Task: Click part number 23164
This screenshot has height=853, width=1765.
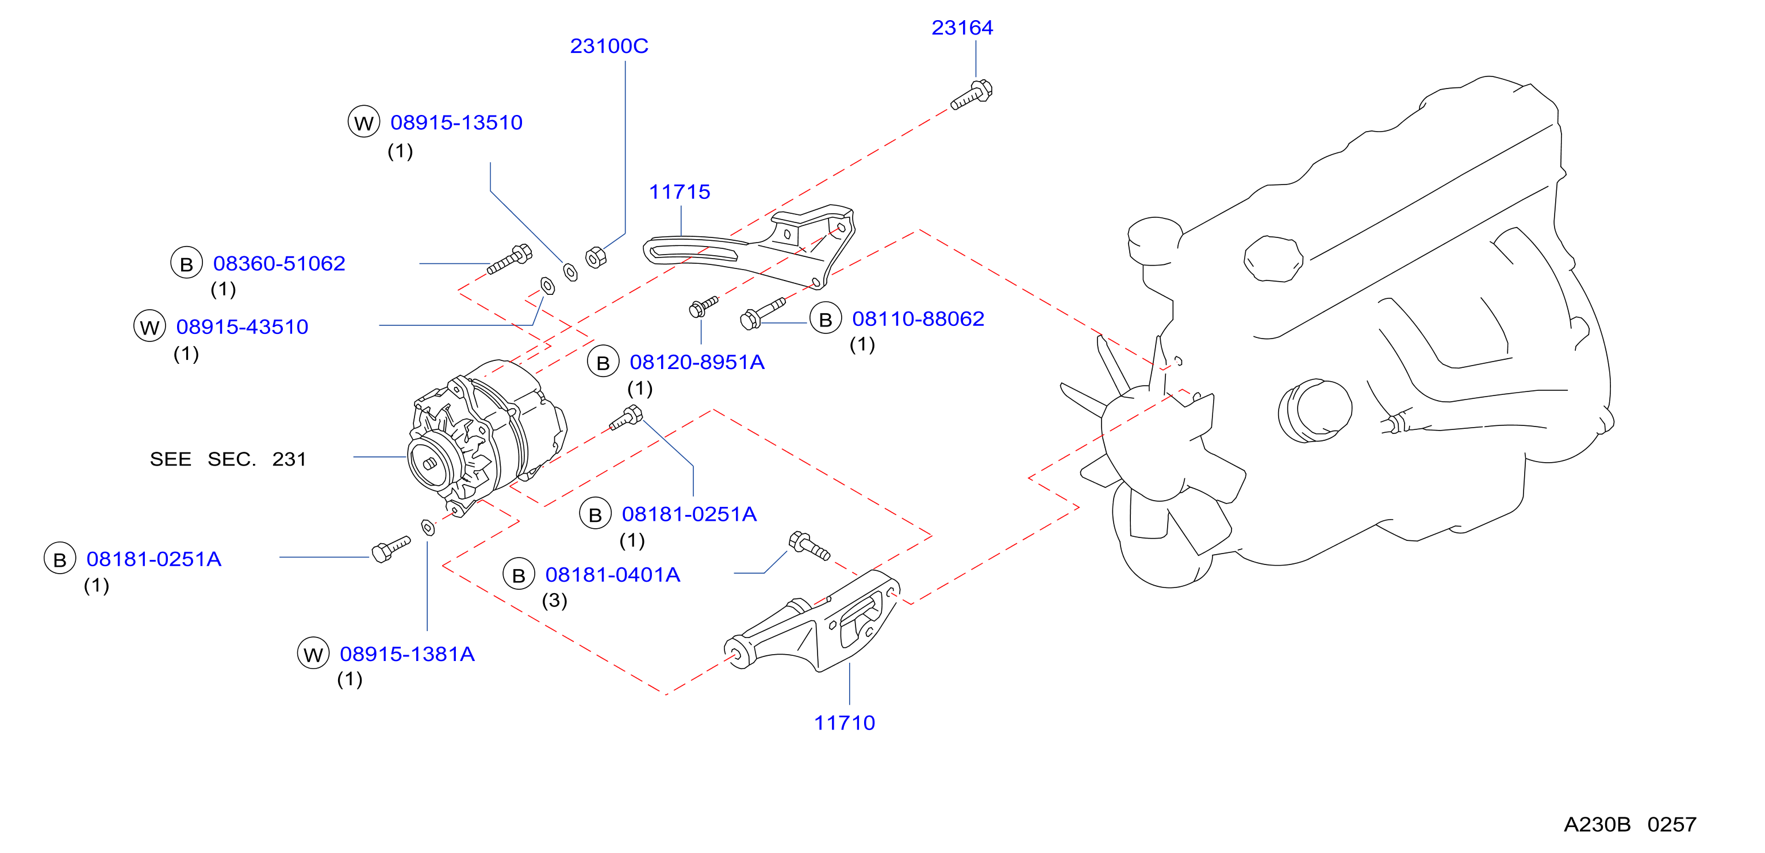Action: tap(962, 28)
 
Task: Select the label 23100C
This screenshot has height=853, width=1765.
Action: tap(609, 46)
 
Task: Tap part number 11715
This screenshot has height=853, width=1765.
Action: tap(680, 192)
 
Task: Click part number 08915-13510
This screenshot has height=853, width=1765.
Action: tap(456, 122)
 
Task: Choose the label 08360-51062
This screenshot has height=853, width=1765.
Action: tap(279, 264)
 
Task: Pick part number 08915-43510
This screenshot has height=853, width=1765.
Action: tap(242, 327)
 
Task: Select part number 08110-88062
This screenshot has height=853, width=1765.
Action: tap(918, 318)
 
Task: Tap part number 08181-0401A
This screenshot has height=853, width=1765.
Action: tap(612, 575)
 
